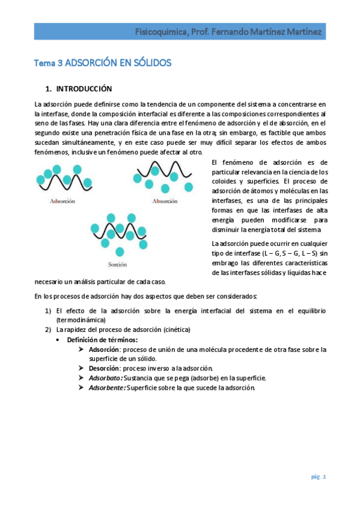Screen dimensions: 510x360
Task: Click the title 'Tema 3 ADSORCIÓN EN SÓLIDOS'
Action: pyautogui.click(x=102, y=62)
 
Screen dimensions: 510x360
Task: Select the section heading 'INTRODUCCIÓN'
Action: pyautogui.click(x=84, y=88)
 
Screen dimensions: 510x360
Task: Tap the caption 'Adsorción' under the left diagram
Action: pyautogui.click(x=62, y=201)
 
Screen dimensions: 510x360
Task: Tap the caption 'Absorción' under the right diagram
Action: pyautogui.click(x=164, y=201)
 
